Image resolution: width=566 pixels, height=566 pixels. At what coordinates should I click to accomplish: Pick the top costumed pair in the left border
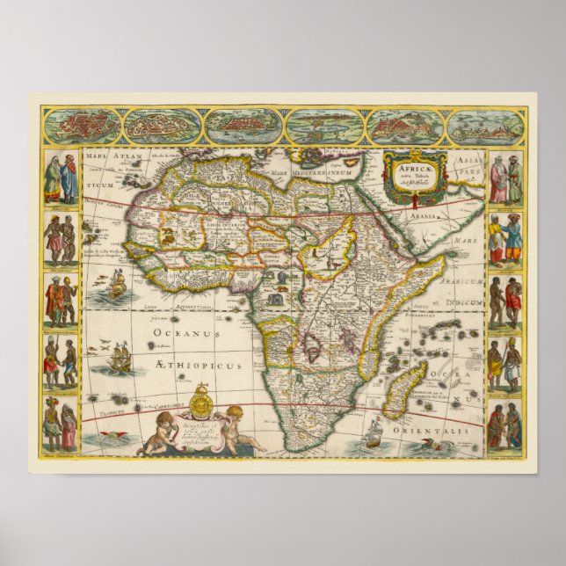point(60,178)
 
